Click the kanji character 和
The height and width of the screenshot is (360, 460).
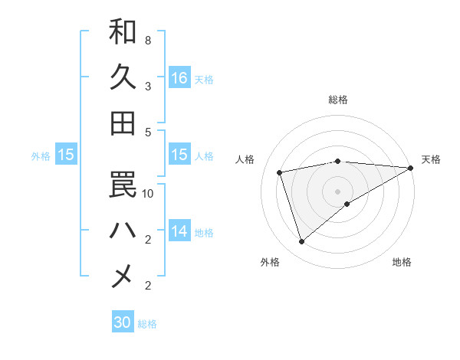click(x=123, y=31)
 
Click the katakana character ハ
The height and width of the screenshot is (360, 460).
click(x=123, y=229)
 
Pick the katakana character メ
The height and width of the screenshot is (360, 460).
click(x=123, y=275)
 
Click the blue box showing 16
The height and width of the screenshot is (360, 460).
click(x=179, y=77)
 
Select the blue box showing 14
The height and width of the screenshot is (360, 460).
click(x=179, y=231)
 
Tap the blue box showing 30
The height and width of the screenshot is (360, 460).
click(x=122, y=322)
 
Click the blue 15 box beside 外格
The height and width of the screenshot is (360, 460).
click(x=66, y=155)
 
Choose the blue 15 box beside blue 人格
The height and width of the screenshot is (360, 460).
click(x=179, y=155)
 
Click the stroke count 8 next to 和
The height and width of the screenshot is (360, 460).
click(x=147, y=40)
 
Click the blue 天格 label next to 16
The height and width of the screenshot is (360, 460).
click(x=204, y=79)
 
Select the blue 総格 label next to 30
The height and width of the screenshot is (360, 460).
click(x=147, y=324)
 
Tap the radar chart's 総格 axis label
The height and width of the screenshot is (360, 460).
click(x=337, y=100)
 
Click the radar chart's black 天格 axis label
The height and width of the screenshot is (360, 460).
click(x=431, y=159)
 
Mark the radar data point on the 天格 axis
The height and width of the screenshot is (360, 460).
click(x=411, y=168)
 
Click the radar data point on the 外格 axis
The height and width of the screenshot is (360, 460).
click(x=301, y=242)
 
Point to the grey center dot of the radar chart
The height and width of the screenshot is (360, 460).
click(x=337, y=191)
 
